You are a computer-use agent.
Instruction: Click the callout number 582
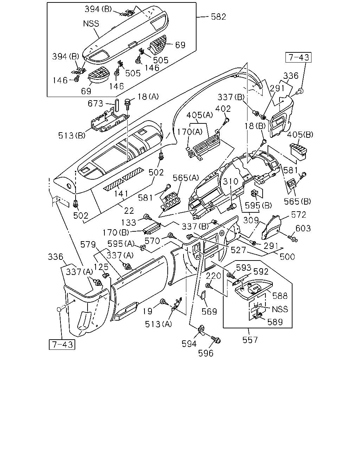tap(218, 17)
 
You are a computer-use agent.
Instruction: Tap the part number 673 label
tap(95, 103)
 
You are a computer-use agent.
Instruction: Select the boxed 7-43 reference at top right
tap(298, 57)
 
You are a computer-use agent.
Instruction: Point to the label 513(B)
tap(72, 135)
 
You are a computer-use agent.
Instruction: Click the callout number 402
tap(223, 109)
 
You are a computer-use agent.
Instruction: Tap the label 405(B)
tap(300, 135)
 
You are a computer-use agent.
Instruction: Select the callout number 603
tap(303, 229)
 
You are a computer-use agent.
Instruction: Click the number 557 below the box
tap(250, 340)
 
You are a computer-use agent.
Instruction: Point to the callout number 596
tap(206, 353)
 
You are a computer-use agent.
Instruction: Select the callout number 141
tap(121, 194)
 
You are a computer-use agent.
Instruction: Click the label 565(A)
tap(186, 178)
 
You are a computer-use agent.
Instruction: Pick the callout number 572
tap(298, 215)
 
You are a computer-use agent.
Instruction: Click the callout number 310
tap(231, 181)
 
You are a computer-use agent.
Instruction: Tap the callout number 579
tap(88, 244)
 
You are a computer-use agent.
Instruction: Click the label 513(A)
tap(158, 324)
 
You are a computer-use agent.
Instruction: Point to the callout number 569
tap(209, 311)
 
